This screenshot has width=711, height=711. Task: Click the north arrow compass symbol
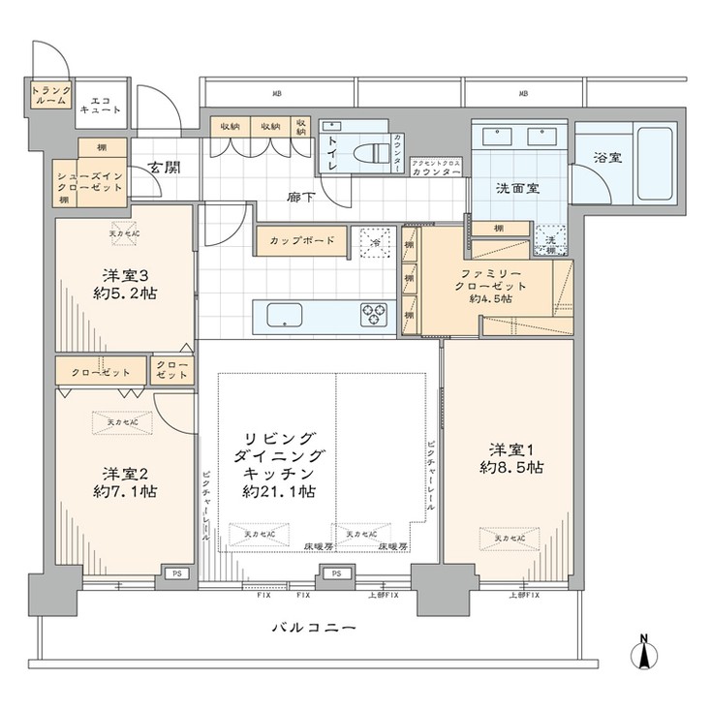[x=643, y=653]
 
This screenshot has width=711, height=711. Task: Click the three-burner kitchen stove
[x=374, y=315]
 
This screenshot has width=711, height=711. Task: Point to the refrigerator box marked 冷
[x=377, y=242]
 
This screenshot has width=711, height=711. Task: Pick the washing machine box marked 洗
[x=549, y=241]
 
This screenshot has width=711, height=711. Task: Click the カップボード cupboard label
[x=301, y=240]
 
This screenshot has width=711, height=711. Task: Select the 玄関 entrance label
[x=163, y=168]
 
